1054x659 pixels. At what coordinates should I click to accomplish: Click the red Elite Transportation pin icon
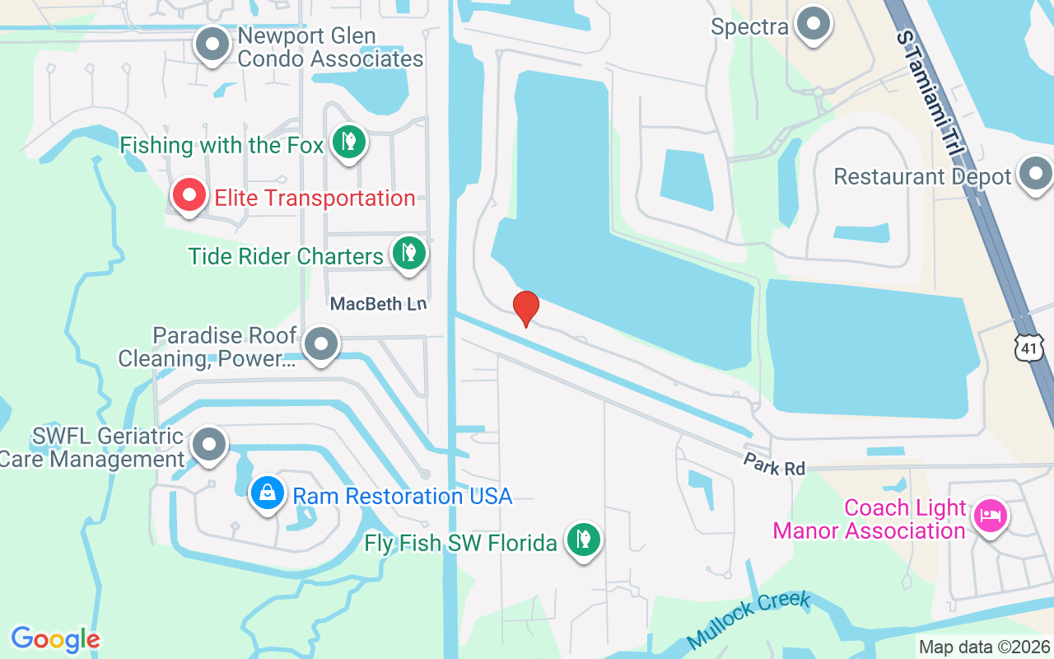189,196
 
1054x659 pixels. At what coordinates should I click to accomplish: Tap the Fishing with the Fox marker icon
349,143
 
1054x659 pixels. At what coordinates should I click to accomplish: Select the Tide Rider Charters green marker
408,253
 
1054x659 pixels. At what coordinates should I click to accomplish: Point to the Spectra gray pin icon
815,24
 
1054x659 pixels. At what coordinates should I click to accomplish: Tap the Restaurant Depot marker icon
1035,174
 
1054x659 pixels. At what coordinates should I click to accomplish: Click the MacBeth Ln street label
378,304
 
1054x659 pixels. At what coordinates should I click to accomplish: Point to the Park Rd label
773,464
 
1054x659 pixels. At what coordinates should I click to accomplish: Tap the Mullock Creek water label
749,619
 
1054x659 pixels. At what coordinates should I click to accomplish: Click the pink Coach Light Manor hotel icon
989,516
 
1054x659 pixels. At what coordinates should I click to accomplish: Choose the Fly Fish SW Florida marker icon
584,540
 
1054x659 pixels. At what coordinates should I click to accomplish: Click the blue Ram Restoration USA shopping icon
267,493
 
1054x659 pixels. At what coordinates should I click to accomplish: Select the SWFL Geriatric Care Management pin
209,444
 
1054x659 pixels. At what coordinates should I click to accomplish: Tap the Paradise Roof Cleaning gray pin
321,344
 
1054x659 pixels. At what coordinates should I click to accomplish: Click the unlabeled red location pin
525,308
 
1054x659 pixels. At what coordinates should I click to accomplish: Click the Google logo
55,638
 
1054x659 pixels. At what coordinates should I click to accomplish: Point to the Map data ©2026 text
985,647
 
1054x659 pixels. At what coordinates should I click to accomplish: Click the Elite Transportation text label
315,198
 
